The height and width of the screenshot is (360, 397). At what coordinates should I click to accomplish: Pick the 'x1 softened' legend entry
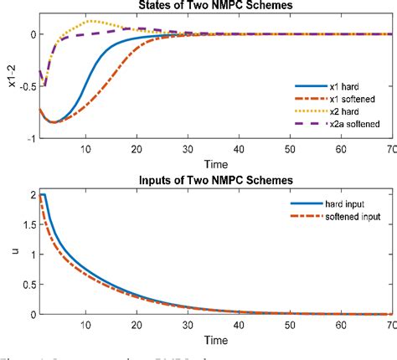[340, 99]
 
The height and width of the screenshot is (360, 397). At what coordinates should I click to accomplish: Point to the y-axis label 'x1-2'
[8, 86]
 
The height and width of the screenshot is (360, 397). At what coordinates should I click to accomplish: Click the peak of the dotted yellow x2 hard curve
[90, 21]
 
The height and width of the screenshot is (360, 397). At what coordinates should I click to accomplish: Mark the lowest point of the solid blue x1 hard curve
[53, 122]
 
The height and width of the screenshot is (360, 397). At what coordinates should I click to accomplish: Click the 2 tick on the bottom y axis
[31, 194]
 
